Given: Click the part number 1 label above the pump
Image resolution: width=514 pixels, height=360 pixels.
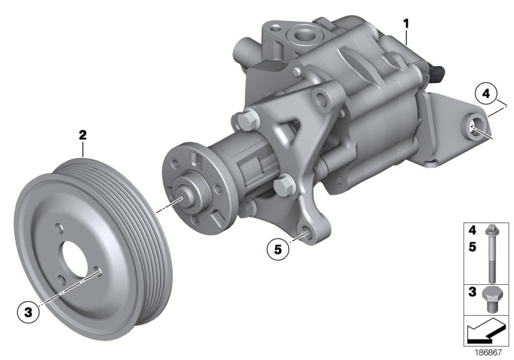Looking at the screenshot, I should pyautogui.click(x=405, y=24).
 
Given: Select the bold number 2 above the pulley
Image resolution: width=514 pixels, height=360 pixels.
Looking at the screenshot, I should pyautogui.click(x=82, y=135).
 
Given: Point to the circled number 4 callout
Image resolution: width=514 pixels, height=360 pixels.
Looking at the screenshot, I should pyautogui.click(x=486, y=95).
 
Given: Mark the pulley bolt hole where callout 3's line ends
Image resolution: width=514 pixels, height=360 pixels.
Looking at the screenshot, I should pyautogui.click(x=100, y=272).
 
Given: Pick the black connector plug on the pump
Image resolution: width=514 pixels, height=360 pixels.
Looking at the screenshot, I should pyautogui.click(x=441, y=67).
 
